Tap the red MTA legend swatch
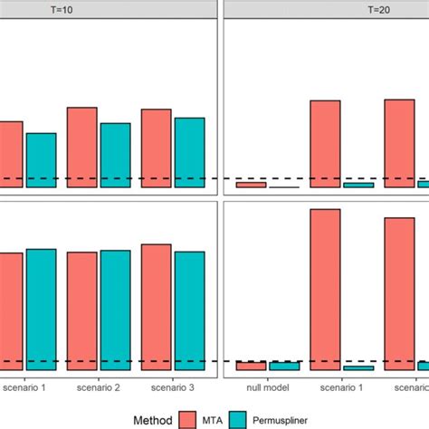pyautogui.click(x=189, y=418)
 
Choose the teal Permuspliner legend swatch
pyautogui.click(x=238, y=418)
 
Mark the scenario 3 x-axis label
pyautogui.click(x=173, y=387)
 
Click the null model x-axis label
pyautogui.click(x=267, y=387)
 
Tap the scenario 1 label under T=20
pyautogui.click(x=341, y=387)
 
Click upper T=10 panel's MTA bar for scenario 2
pyautogui.click(x=82, y=147)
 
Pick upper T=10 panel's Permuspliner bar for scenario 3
pyautogui.click(x=189, y=152)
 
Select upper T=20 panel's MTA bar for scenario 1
pyautogui.click(x=325, y=143)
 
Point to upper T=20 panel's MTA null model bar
pyautogui.click(x=251, y=185)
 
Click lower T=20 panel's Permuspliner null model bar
pyautogui.click(x=284, y=366)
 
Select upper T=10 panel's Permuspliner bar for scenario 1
pyautogui.click(x=41, y=160)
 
